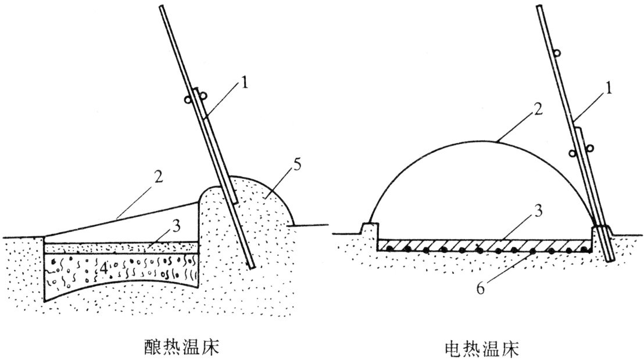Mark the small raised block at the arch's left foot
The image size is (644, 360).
(x=368, y=229)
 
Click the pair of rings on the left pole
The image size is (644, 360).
(x=191, y=98)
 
